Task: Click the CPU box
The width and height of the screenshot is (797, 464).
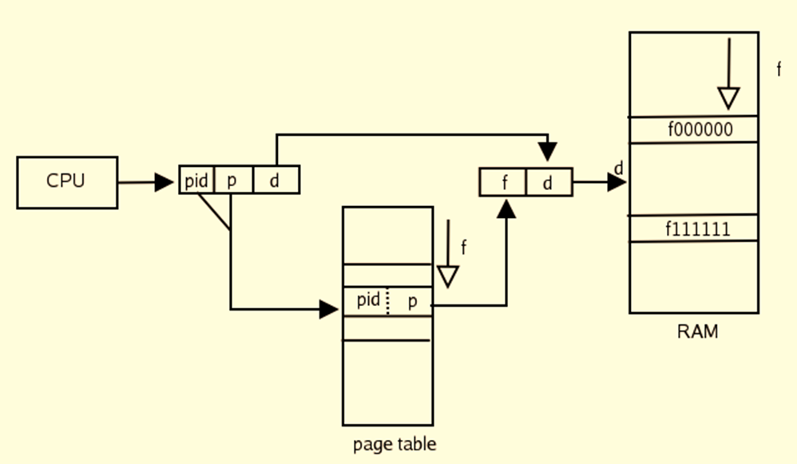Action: pos(67,182)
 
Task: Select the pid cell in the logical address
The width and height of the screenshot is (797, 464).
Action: pos(196,180)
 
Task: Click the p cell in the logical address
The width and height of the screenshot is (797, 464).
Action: pos(232,180)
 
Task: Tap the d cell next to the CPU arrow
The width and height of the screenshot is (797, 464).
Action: pos(276,180)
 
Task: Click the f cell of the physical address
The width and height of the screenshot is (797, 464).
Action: pos(504,183)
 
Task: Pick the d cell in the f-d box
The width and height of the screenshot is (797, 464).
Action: pos(548,183)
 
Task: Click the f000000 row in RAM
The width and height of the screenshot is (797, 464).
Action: pos(693,129)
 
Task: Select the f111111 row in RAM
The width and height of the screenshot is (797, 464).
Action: pos(693,228)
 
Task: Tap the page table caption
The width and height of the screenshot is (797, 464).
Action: pos(395,444)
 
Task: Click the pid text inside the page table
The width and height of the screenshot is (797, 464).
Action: pos(368,301)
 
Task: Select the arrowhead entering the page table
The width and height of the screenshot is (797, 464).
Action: pos(329,308)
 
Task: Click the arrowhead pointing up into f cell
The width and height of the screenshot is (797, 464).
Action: pos(506,208)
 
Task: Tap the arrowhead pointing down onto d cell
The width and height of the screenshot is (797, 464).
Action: pos(548,152)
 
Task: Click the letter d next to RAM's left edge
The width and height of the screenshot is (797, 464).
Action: pos(618,169)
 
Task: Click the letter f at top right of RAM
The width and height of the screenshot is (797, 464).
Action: pos(779,69)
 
